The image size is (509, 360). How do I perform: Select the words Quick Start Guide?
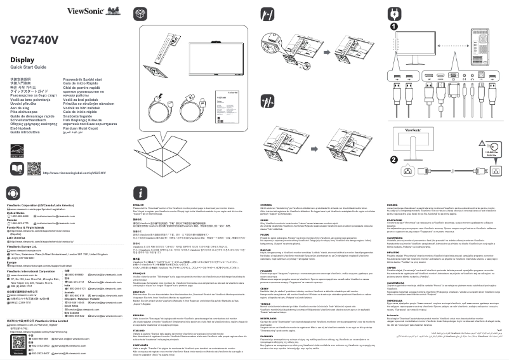pyautogui.click(x=28, y=67)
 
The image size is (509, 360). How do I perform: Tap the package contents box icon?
pyautogui.click(x=139, y=12)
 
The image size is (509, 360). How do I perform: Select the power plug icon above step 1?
pyautogui.click(x=396, y=11)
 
